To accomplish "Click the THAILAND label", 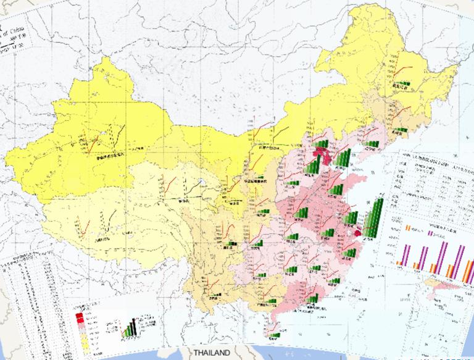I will coord(212,353).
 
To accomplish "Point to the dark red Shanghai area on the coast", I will coord(358,233).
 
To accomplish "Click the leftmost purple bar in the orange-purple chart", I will coord(405,254).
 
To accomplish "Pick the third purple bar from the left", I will coord(443,253).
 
